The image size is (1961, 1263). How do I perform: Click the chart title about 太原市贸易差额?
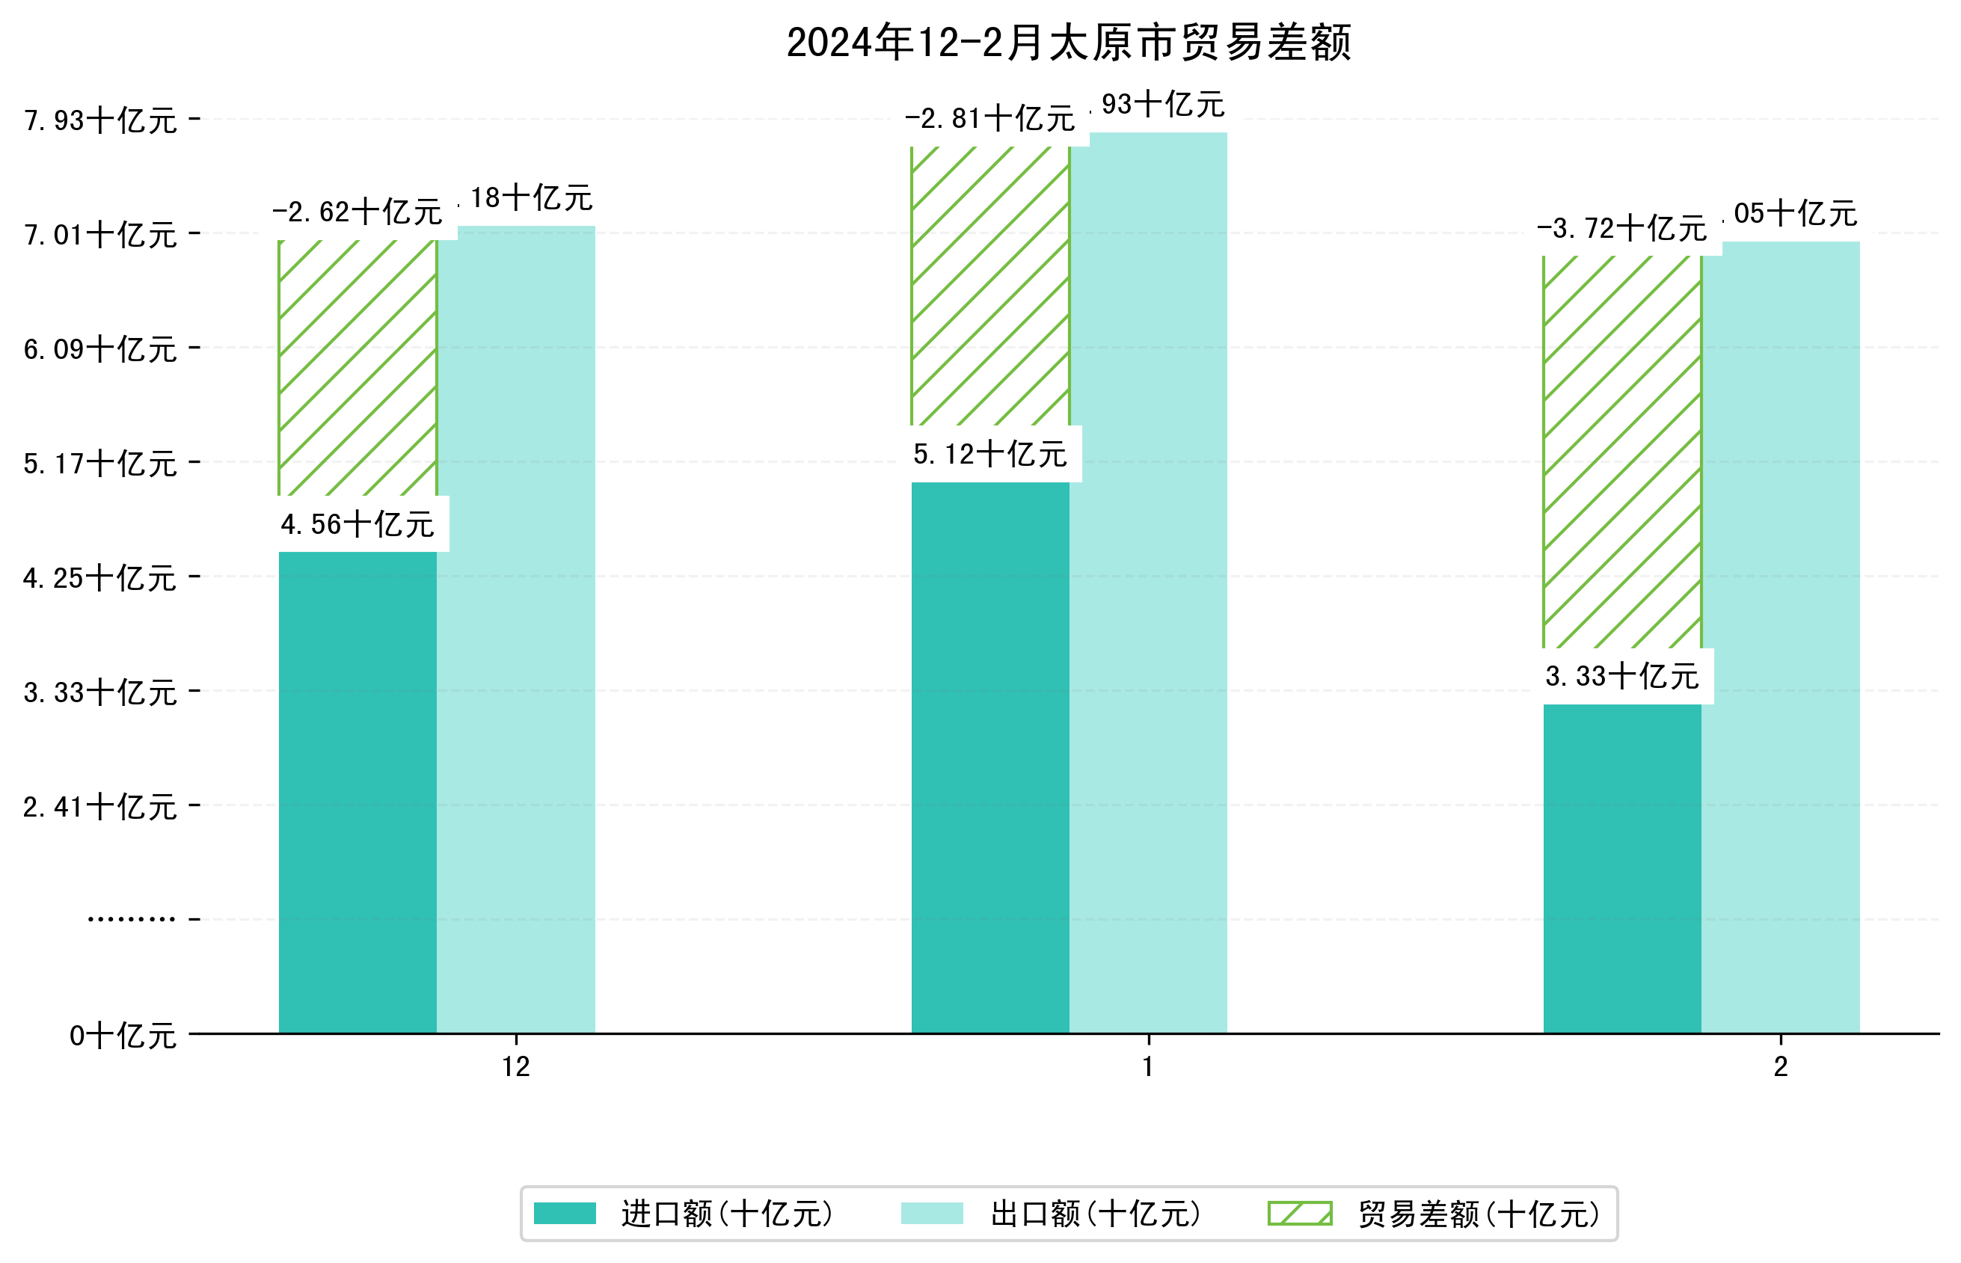tap(1068, 43)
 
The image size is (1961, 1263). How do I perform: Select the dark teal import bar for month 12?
tap(357, 791)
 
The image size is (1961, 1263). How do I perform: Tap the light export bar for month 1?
tap(1148, 583)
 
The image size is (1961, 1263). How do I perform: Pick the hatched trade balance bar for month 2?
tap(1621, 451)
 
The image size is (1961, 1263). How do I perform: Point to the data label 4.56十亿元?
tap(357, 525)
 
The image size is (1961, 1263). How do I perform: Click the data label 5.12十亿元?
tap(990, 455)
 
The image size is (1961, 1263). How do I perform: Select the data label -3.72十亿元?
tap(1621, 228)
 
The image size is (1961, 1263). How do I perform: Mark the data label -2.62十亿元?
tap(357, 212)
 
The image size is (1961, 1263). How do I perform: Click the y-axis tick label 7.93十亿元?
tap(100, 120)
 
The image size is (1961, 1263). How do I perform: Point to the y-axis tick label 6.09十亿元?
tap(100, 349)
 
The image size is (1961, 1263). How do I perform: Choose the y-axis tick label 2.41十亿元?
tap(100, 807)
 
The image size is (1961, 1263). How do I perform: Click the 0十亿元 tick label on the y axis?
tap(123, 1036)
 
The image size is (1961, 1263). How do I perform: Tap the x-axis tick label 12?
tap(516, 1067)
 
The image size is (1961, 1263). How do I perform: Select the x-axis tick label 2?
tap(1781, 1067)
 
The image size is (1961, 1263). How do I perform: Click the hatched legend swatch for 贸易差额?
tap(1299, 1213)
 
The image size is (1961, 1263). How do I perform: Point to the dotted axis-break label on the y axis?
tap(131, 919)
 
